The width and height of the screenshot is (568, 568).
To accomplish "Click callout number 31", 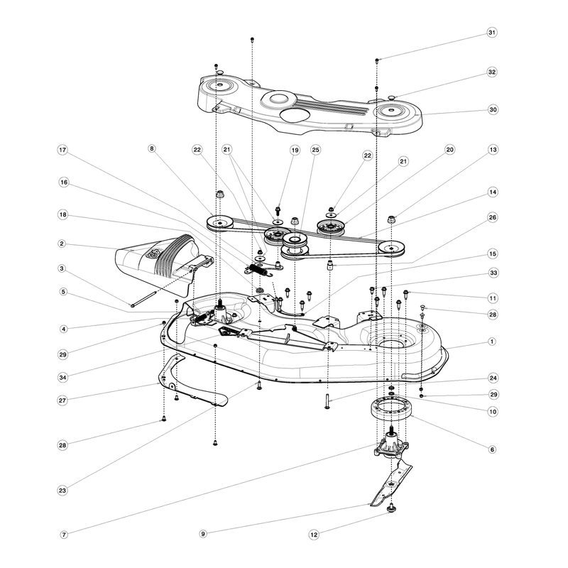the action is tap(491, 33).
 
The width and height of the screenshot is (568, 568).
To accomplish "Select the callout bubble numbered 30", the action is tap(493, 109).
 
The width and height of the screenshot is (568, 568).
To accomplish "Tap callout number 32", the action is tap(491, 72).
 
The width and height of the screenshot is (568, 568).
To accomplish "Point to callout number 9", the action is tap(203, 534).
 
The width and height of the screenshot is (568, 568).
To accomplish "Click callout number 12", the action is tap(314, 535).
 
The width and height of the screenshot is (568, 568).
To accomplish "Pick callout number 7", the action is tap(64, 535).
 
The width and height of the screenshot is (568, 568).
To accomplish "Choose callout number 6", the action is tap(491, 449).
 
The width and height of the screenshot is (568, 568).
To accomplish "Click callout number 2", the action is tap(62, 244).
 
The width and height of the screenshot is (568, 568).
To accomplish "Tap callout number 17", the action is tap(62, 150).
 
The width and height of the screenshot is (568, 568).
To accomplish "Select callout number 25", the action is tap(315, 150).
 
